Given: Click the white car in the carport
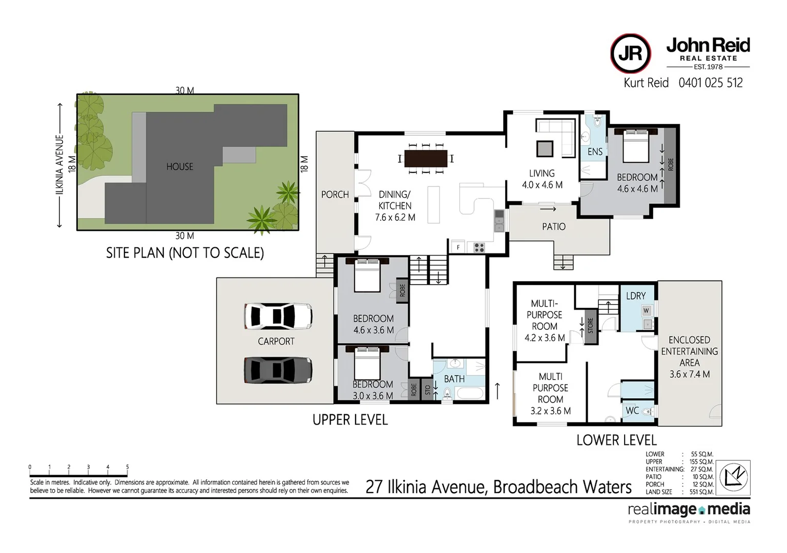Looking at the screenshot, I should click(278, 316).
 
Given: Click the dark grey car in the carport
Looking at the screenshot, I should click(278, 370).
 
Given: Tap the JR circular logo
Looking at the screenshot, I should click(630, 54).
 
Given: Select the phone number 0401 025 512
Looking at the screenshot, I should click(710, 83).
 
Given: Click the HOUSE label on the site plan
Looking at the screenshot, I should click(179, 166).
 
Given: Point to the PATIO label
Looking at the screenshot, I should click(554, 226).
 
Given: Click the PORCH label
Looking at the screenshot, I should click(335, 195).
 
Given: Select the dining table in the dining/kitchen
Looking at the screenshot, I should click(426, 159).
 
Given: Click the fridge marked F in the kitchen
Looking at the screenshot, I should click(458, 247).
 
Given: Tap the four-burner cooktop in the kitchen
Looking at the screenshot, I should click(479, 247).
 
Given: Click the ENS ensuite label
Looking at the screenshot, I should click(595, 152).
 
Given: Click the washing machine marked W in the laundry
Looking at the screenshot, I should click(646, 310).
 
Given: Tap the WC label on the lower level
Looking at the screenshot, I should click(632, 411).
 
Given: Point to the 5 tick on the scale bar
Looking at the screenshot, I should click(128, 467).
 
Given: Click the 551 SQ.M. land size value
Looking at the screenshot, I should click(702, 492).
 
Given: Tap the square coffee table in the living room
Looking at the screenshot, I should click(545, 148).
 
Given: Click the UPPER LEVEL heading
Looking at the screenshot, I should click(350, 420).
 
